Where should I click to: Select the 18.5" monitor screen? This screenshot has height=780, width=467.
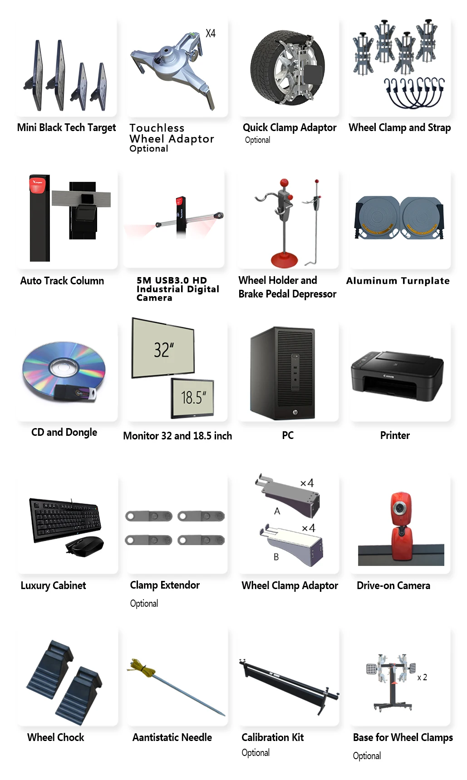tap(193, 398)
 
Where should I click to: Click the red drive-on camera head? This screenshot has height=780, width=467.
tap(400, 508)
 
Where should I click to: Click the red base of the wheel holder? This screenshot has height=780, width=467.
tap(284, 260)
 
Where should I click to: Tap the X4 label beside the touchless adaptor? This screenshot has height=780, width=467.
tap(211, 34)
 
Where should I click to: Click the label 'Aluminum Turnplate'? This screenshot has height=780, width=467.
tap(398, 281)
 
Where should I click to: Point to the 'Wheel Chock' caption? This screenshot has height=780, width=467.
tap(56, 737)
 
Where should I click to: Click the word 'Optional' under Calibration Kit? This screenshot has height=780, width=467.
tap(256, 753)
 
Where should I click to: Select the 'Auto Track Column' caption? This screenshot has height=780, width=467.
tap(62, 281)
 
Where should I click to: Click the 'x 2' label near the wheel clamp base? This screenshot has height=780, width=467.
tap(422, 677)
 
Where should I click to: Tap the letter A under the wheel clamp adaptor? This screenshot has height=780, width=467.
tap(277, 511)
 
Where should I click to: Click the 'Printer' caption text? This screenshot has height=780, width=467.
tap(395, 435)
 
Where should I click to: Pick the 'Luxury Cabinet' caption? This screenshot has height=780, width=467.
tap(53, 585)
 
